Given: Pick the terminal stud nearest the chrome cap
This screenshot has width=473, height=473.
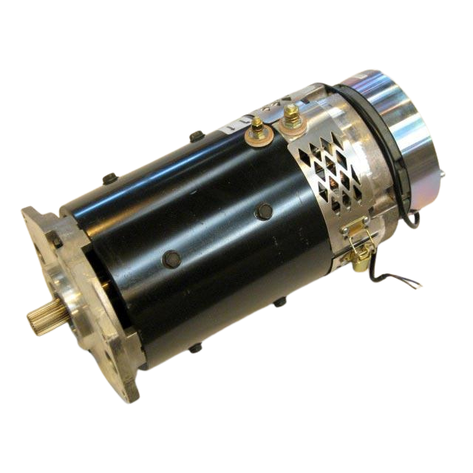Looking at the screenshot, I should click(x=290, y=117).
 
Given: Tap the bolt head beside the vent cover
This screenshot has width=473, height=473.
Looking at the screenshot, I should click(x=264, y=211).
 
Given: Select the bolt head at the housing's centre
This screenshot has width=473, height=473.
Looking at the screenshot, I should click(x=171, y=258).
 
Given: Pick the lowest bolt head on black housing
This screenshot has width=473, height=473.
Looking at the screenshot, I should click(x=195, y=347).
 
